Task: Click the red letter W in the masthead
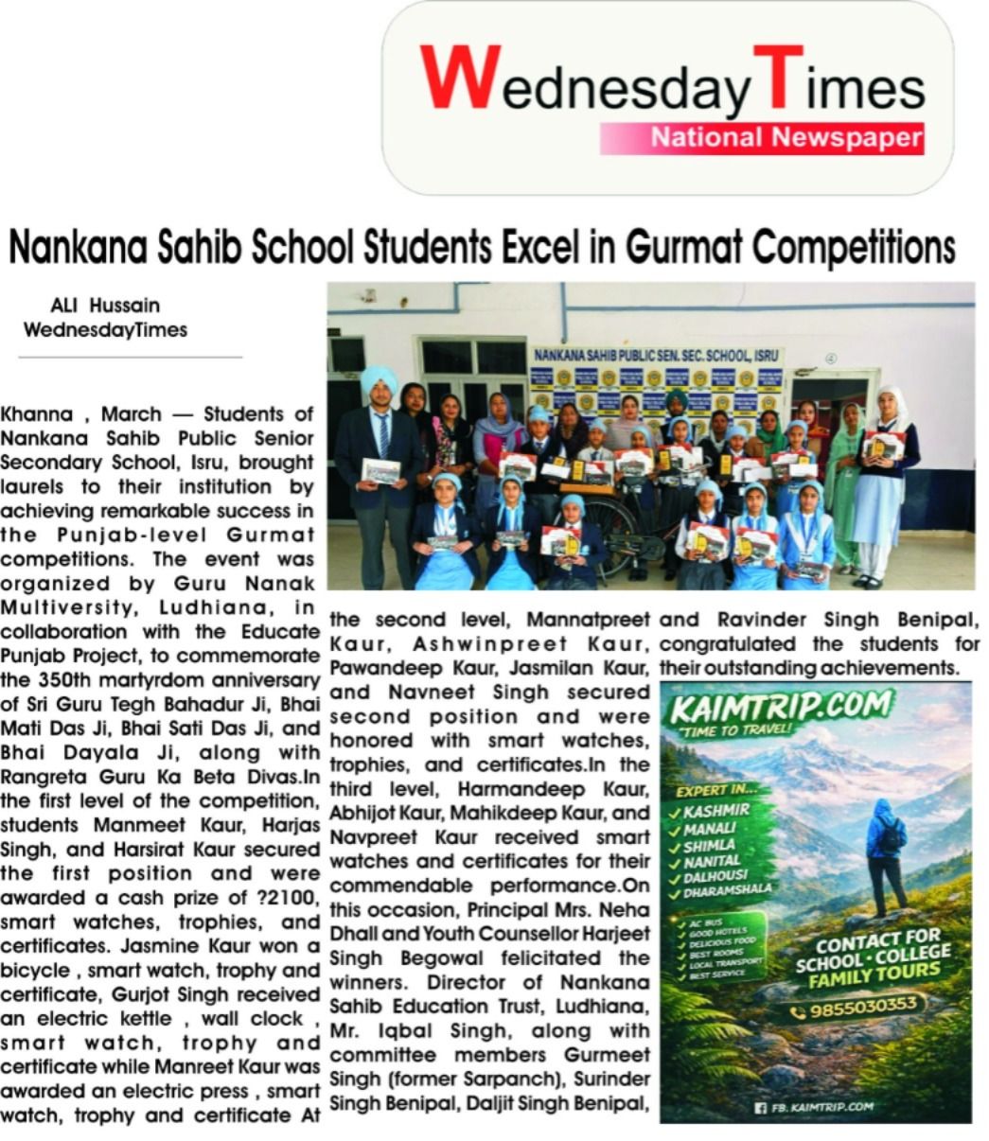click(460, 79)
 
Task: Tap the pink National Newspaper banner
click(762, 138)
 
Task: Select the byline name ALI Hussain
click(104, 306)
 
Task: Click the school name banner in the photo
click(656, 355)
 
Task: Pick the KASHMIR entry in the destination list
click(716, 811)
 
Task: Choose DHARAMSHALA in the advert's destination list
click(728, 890)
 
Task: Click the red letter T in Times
click(784, 79)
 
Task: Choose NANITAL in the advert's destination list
click(712, 861)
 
